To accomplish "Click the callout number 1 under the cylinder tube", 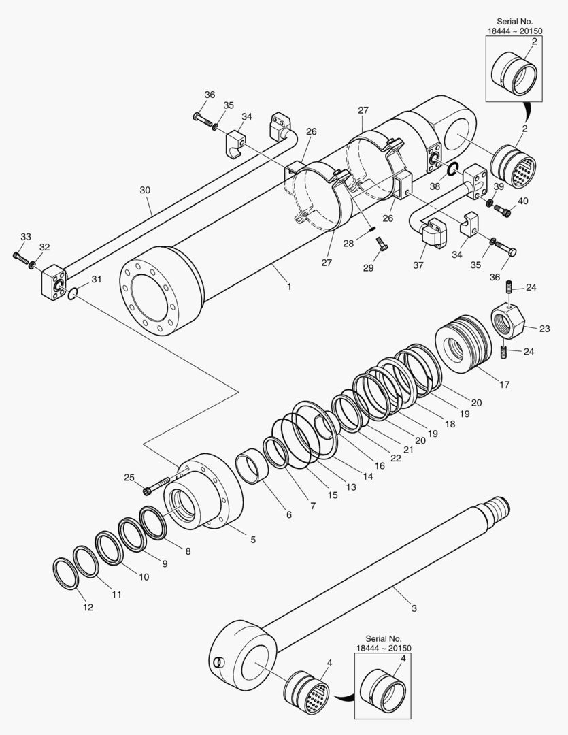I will point(289,287).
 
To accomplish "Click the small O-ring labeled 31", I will point(73,294).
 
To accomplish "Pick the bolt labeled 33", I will point(20,257).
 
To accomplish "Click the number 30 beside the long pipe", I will point(145,191).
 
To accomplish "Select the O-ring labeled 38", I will point(452,167).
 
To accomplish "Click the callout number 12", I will point(88,608).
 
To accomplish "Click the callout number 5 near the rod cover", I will point(253,540).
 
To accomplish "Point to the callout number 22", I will point(395,459).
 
